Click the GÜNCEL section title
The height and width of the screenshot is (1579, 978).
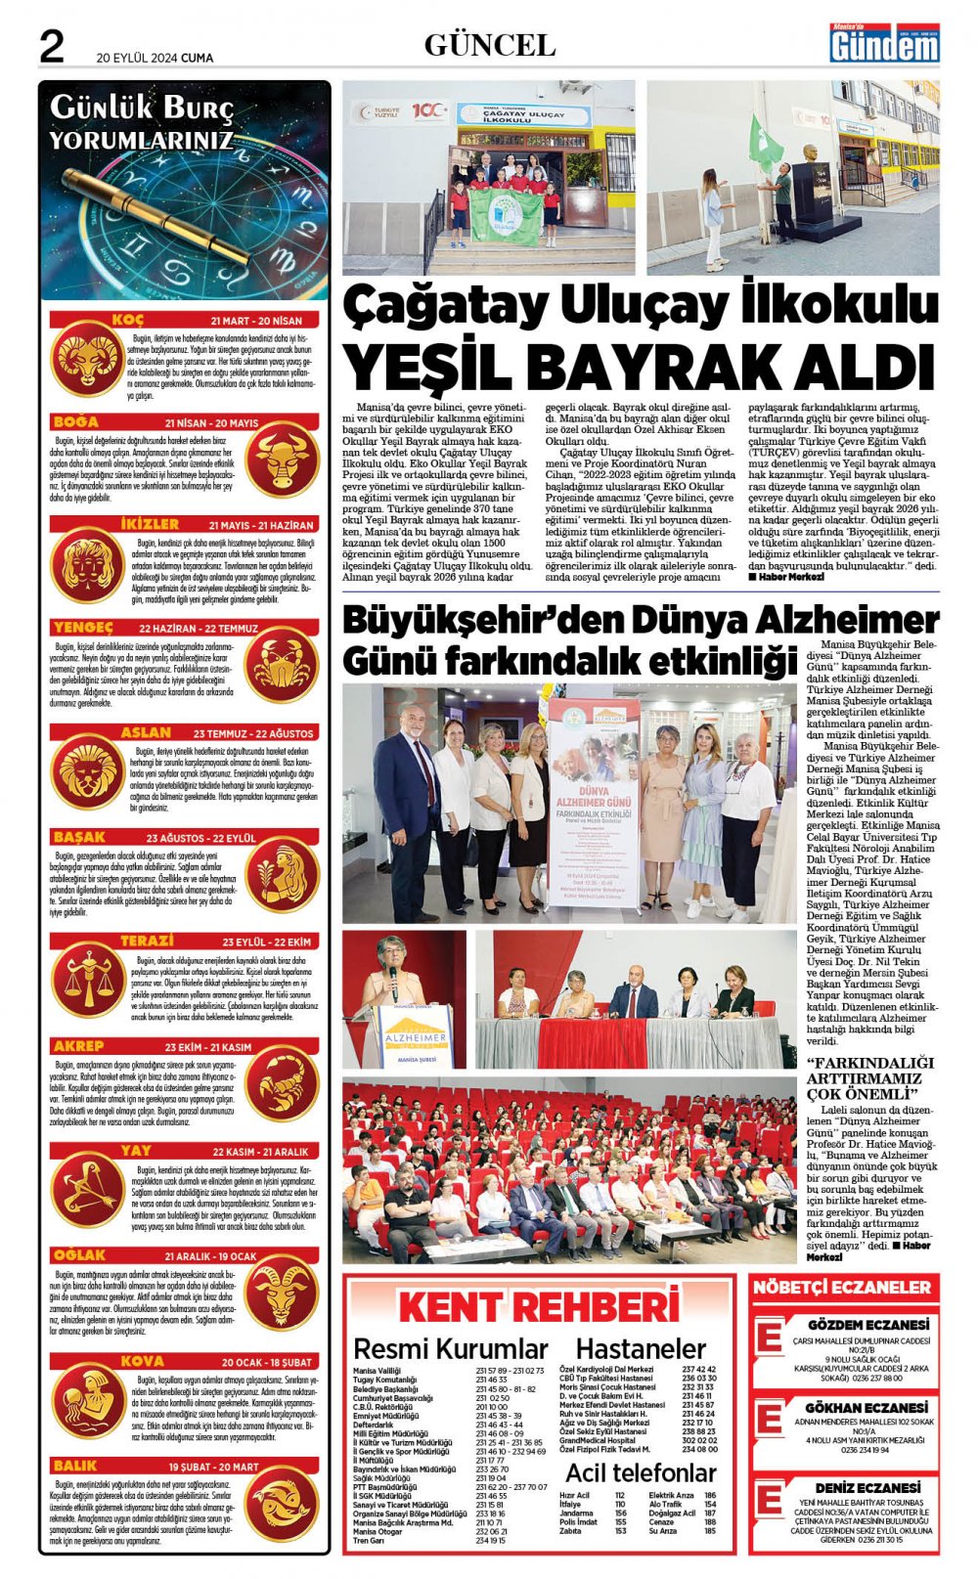pyautogui.click(x=489, y=45)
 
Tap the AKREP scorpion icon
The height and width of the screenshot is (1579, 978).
pyautogui.click(x=282, y=1085)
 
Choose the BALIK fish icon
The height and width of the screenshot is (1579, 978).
pyautogui.click(x=282, y=1507)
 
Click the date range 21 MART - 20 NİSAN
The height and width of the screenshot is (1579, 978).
pyautogui.click(x=256, y=321)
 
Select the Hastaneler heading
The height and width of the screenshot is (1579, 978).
pyautogui.click(x=641, y=1349)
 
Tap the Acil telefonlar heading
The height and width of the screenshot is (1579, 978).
pyautogui.click(x=641, y=1472)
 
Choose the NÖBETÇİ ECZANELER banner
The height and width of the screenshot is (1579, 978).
pyautogui.click(x=841, y=1288)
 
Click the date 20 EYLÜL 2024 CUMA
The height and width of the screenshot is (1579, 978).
pyautogui.click(x=155, y=58)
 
